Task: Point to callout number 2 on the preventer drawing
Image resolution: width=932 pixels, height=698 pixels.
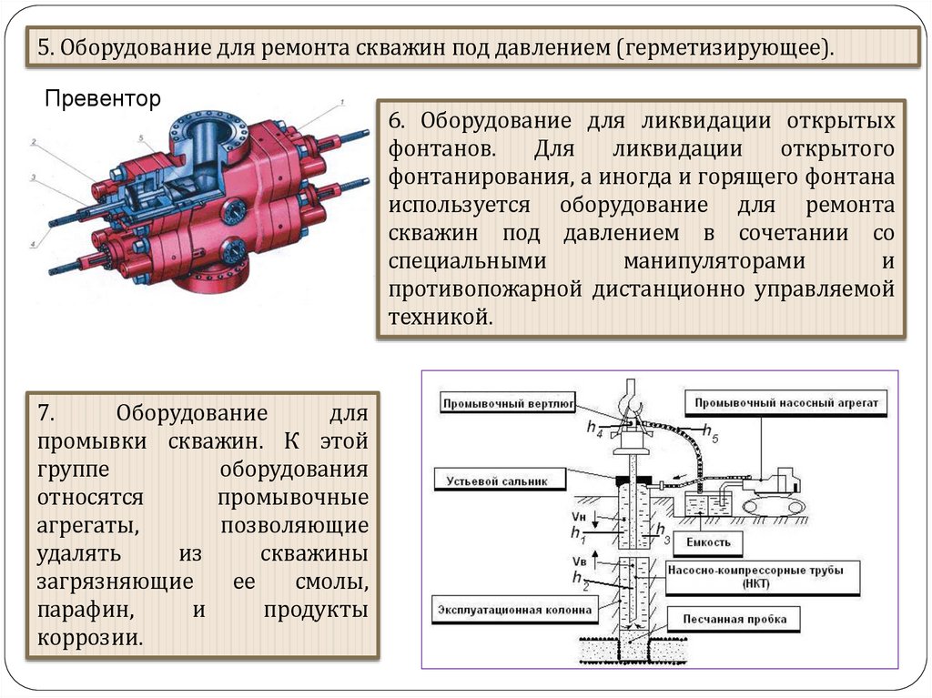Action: [x=33, y=142]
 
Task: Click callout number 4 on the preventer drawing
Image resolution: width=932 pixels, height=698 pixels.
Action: [x=33, y=244]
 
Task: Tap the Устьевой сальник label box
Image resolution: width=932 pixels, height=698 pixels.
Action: [x=497, y=481]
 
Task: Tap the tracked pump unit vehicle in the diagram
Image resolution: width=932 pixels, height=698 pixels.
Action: [x=772, y=491]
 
